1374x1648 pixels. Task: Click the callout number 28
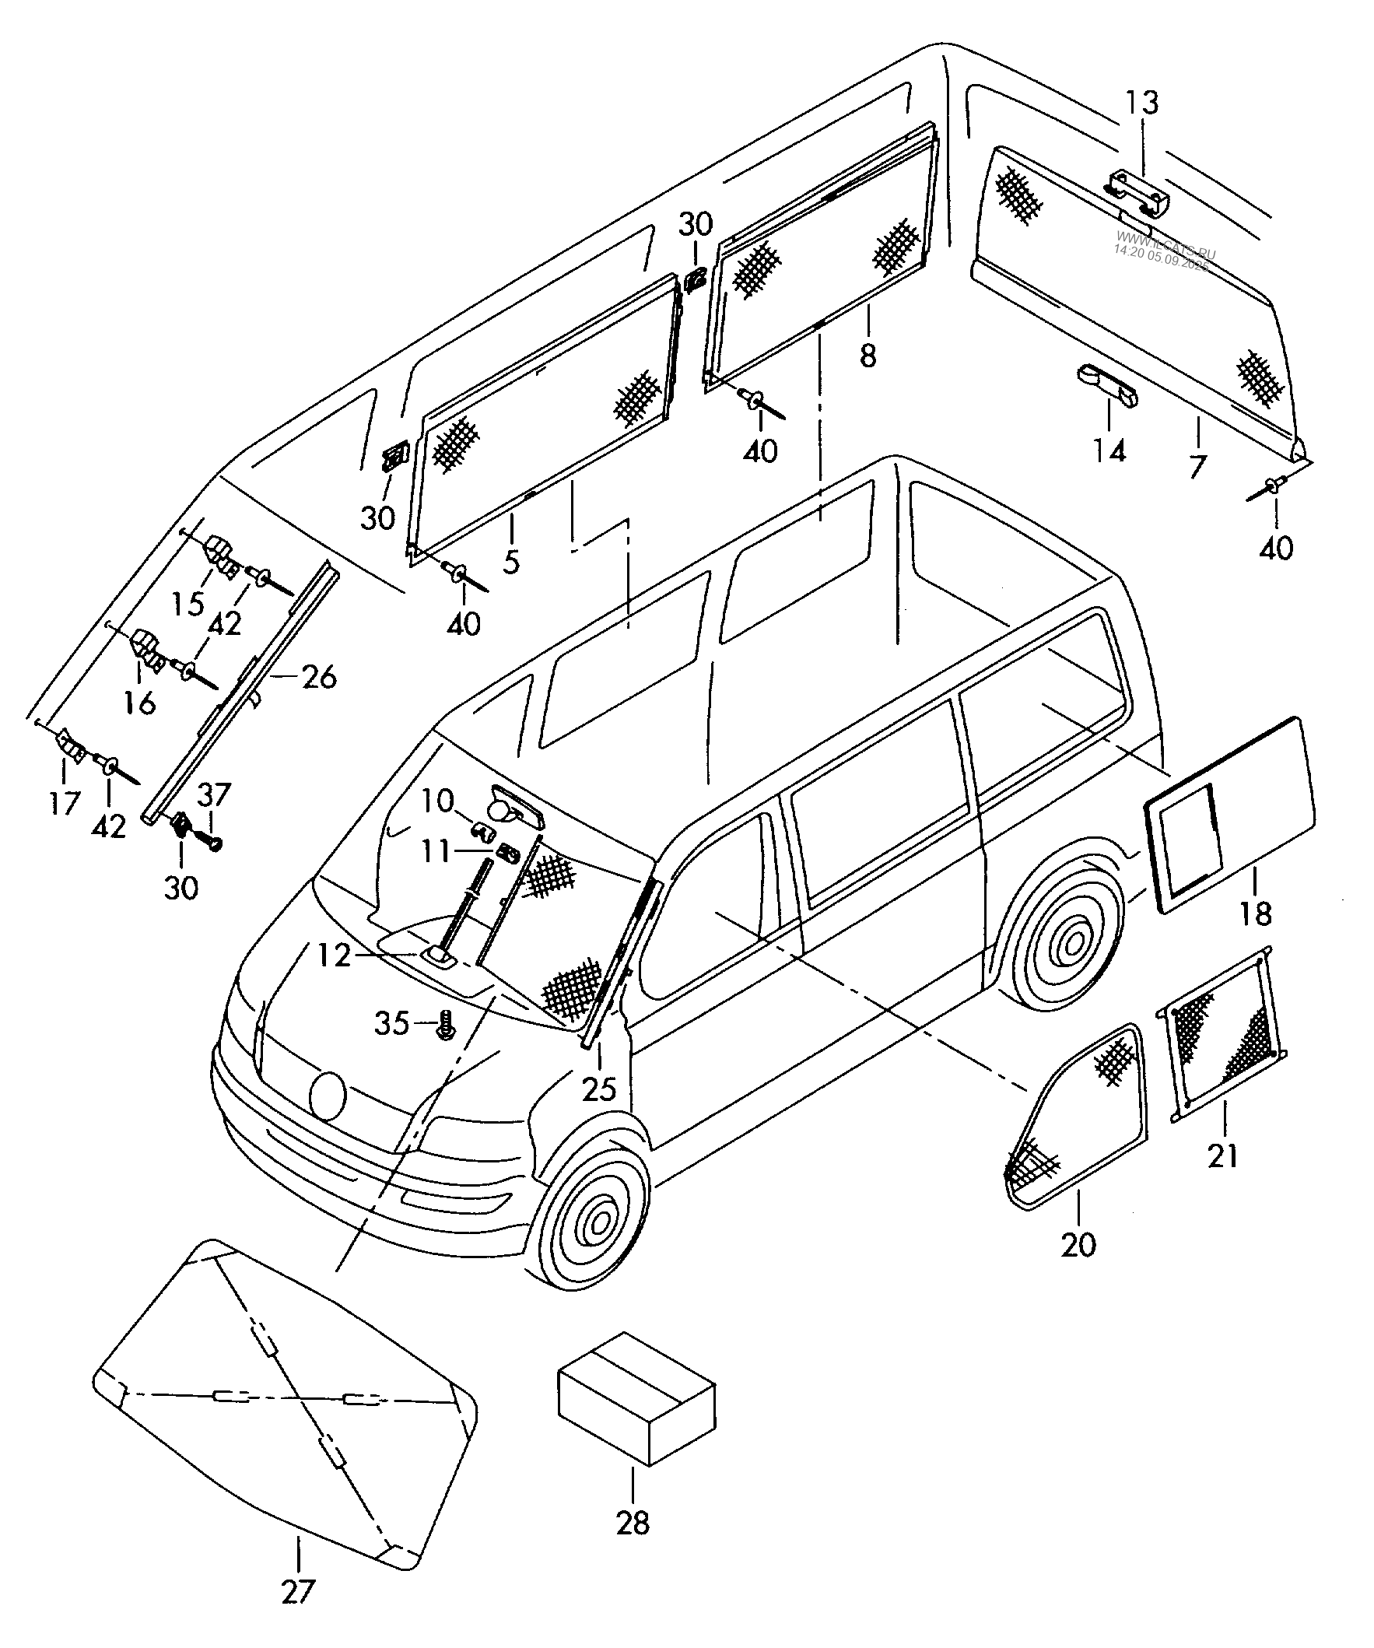[633, 1524]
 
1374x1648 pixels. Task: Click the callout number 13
[1142, 103]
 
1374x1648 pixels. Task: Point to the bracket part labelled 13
[1137, 193]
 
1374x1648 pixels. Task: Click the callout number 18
[1257, 913]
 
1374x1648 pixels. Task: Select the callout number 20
[1078, 1245]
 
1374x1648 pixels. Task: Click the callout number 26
[318, 676]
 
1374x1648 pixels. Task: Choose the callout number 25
[600, 1089]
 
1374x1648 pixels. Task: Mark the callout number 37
[213, 796]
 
